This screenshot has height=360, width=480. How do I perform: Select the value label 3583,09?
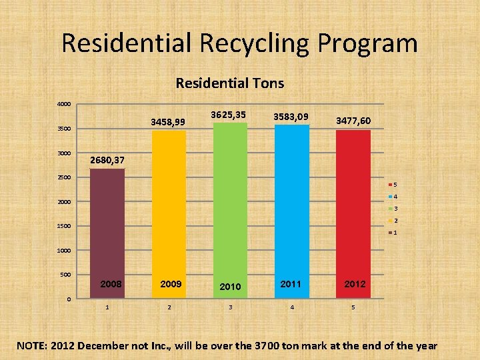[291, 117]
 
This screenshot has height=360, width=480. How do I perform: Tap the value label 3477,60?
[353, 121]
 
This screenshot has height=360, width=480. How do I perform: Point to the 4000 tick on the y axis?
[63, 105]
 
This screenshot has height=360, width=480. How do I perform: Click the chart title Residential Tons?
[229, 83]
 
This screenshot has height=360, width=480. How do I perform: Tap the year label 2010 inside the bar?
[230, 286]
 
